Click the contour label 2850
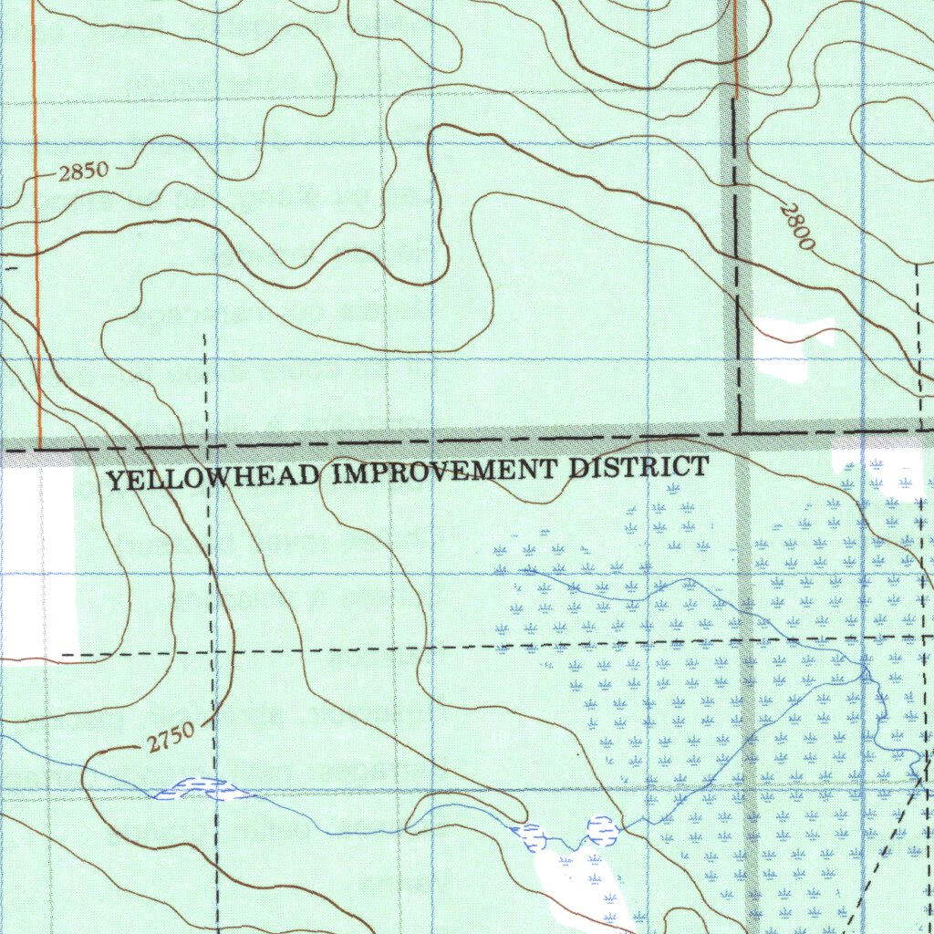83,171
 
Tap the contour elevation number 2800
796,228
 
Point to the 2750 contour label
169,736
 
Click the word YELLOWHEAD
214,476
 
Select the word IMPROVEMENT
444,472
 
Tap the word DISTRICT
638,468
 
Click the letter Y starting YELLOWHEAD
115,480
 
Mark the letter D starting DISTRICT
577,469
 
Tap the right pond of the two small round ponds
601,829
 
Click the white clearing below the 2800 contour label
786,350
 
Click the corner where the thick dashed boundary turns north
737,430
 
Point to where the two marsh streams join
863,674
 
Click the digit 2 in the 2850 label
64,174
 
